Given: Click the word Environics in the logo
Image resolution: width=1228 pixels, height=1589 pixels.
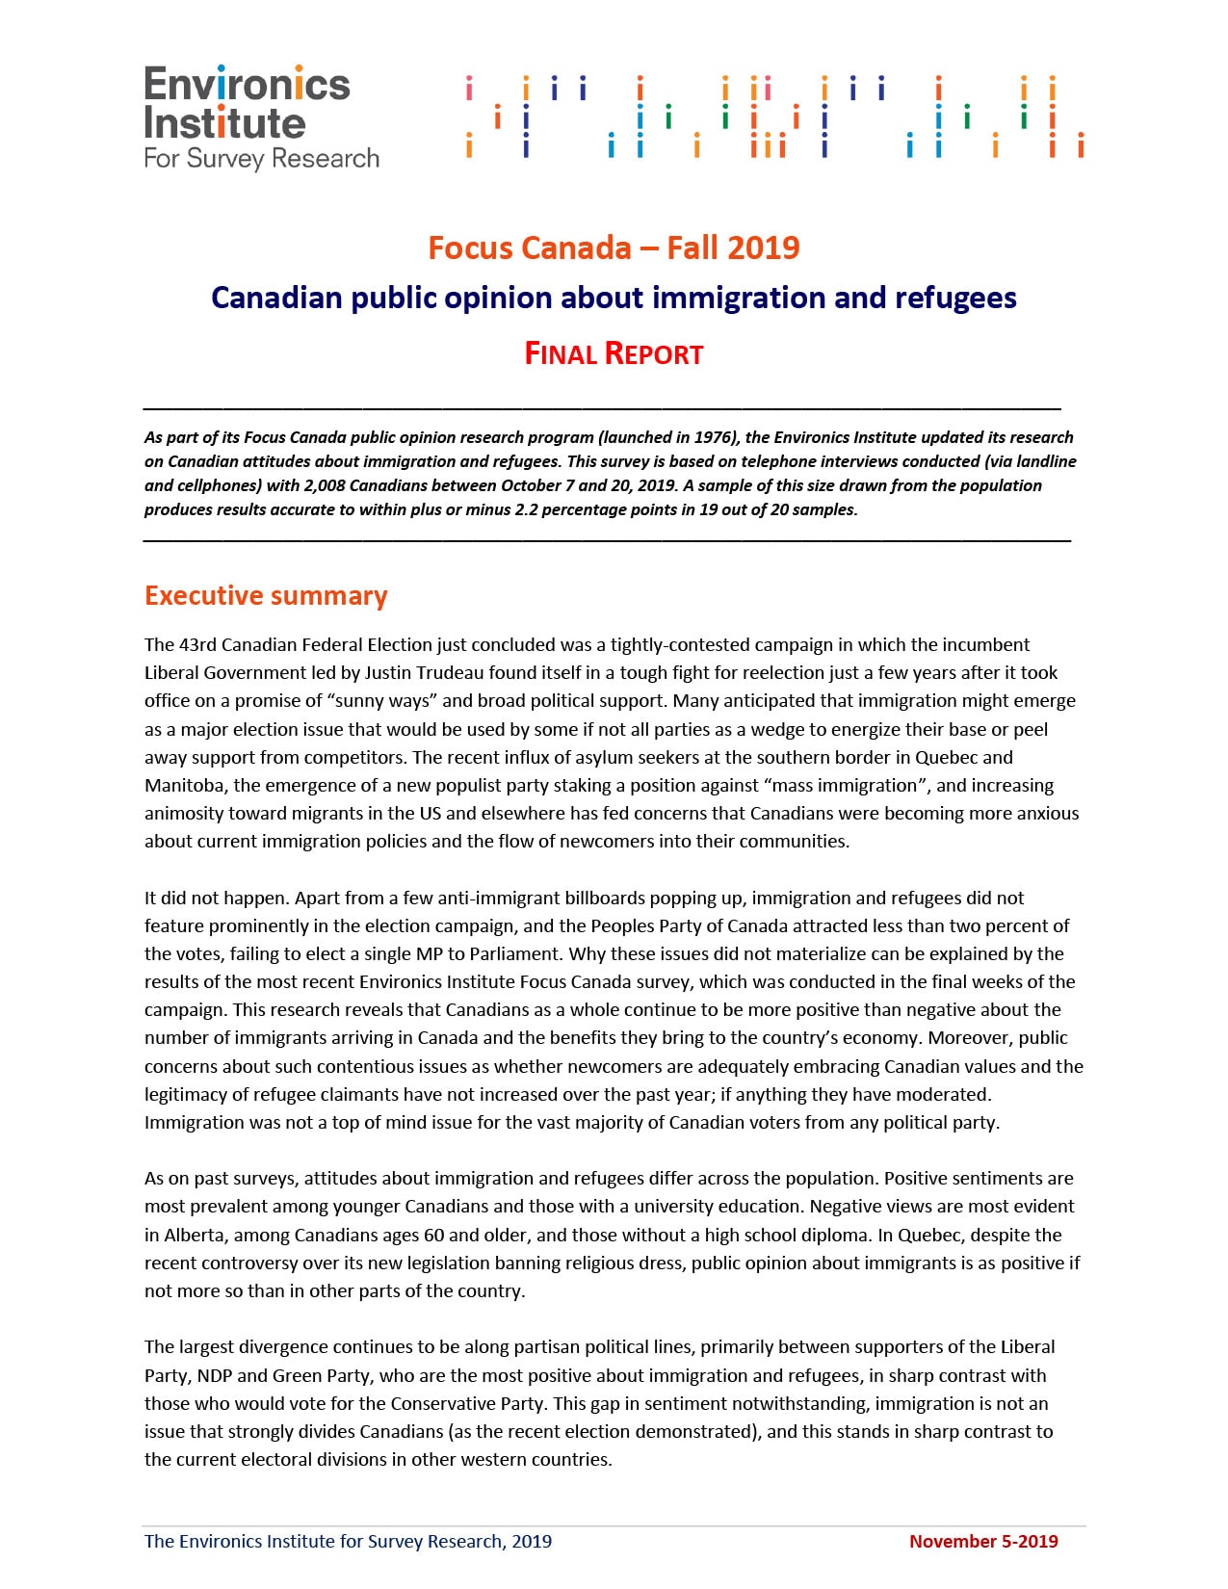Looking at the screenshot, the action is [x=247, y=85].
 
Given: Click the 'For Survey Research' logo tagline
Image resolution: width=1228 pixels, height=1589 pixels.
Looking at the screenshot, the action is [x=261, y=158].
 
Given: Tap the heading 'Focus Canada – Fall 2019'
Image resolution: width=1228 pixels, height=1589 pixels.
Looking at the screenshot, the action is [x=614, y=247].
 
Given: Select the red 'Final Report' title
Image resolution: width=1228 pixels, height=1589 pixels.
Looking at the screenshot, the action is [x=614, y=353].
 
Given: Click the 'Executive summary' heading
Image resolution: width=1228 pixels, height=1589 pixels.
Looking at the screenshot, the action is [x=266, y=595].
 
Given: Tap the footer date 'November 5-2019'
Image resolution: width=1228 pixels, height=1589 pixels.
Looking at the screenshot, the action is [x=982, y=1541].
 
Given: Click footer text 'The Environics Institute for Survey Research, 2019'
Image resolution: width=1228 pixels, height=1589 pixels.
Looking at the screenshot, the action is [x=348, y=1541].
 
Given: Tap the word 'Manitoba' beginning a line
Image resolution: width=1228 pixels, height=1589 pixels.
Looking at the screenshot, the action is [x=183, y=785].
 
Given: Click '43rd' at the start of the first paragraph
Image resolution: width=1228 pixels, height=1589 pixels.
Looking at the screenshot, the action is [x=198, y=644].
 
